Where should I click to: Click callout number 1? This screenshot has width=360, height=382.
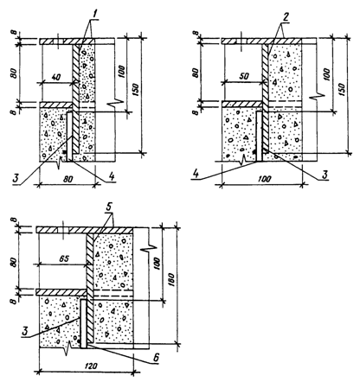coord(92,13)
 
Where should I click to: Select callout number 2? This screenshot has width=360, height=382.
coord(286,17)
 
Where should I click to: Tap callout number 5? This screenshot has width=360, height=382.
coord(112,207)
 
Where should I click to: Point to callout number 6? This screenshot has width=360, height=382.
coord(156,358)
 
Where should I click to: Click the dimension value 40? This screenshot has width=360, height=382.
coord(57,77)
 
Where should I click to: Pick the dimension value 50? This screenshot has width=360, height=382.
coord(246,76)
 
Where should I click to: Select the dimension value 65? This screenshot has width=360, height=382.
coord(64,258)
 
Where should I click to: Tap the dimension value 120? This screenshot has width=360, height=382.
coord(90,366)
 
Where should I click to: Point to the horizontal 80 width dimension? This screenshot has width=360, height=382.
coord(67,179)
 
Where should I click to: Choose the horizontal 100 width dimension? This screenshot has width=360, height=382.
coord(264,179)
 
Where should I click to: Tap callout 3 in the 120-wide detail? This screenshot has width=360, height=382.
coord(26,331)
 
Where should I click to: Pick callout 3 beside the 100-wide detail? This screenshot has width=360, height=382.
coord(325,175)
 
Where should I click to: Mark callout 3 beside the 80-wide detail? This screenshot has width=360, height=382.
coord(16,177)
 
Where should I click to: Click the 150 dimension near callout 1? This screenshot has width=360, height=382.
coord(137,90)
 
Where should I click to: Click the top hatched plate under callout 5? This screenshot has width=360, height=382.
coord(84,230)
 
